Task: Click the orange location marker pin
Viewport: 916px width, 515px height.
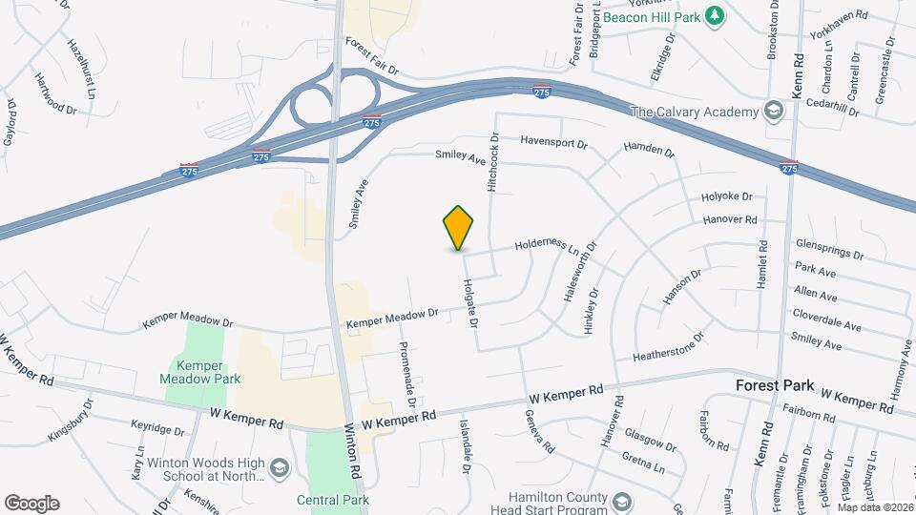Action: (x=459, y=227)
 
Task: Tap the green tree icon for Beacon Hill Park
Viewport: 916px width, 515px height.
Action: (x=712, y=16)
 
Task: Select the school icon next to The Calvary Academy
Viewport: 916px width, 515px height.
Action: (x=774, y=113)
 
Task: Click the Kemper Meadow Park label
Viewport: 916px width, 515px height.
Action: (x=200, y=373)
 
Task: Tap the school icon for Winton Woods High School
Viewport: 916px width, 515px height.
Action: (x=279, y=467)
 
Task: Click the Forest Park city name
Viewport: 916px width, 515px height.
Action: (x=774, y=386)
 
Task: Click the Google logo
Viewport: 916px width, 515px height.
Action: (x=31, y=503)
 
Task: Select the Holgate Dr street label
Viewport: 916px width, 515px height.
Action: (x=469, y=304)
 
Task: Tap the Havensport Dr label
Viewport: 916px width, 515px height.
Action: (x=554, y=142)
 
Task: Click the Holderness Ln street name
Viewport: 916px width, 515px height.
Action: (x=548, y=245)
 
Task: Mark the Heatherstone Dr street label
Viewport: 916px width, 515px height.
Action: (x=668, y=346)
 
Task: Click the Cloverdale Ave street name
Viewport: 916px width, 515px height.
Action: (x=826, y=319)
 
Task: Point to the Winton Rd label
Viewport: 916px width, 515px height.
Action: (x=353, y=451)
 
